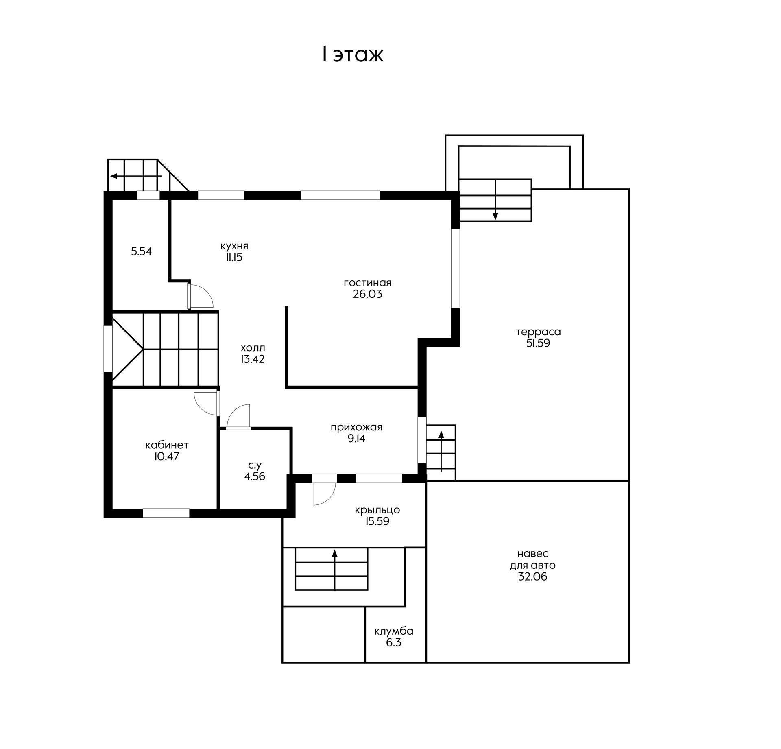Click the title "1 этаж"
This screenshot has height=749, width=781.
(352, 55)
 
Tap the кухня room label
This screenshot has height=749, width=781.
(234, 246)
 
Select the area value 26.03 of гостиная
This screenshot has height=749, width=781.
(368, 294)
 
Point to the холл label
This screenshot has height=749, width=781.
(253, 348)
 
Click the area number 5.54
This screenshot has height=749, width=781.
(141, 251)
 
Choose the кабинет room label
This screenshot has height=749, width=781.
(167, 445)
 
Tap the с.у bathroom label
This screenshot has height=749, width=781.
(255, 465)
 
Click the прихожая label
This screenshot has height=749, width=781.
(356, 428)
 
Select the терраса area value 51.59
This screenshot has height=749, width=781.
(538, 343)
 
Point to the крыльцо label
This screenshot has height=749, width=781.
(377, 510)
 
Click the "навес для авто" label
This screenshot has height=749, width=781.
(533, 559)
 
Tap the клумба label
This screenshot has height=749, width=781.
(394, 631)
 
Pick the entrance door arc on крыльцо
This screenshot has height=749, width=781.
(324, 494)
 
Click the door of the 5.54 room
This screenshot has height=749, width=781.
(200, 296)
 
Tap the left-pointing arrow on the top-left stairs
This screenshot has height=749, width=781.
(136, 176)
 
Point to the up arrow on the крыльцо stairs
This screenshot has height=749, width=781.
(335, 570)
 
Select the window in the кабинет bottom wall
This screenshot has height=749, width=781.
(166, 513)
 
